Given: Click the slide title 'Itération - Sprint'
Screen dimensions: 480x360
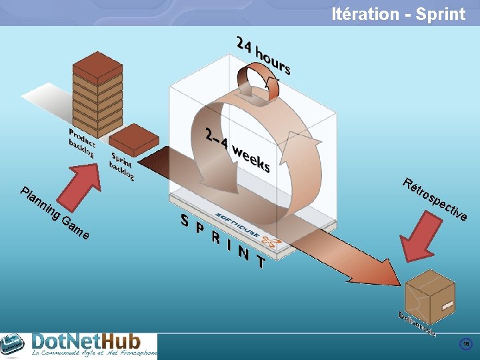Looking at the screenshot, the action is (x=398, y=14).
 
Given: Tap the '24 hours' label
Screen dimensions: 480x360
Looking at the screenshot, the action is (x=263, y=55).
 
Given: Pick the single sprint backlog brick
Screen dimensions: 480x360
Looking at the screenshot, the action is (x=133, y=138).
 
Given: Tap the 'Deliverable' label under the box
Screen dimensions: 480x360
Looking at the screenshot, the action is (x=417, y=323).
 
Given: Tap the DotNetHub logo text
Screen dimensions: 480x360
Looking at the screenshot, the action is (x=93, y=343).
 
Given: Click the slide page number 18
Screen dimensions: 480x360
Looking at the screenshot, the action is (x=466, y=344).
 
